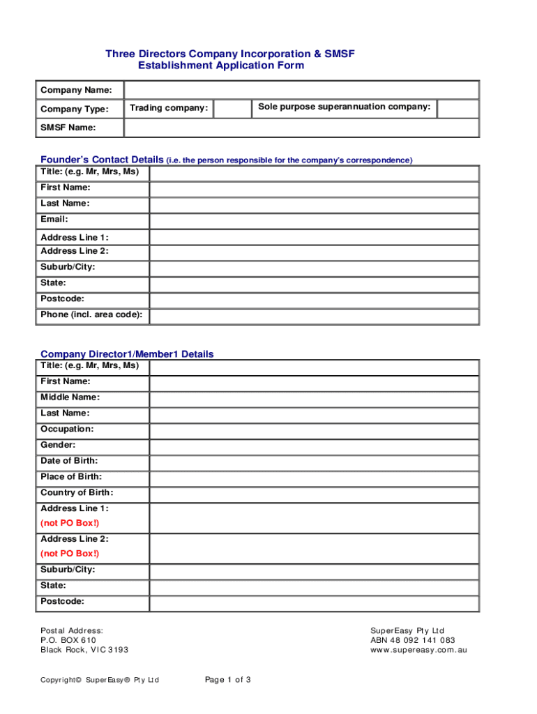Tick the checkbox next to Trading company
(232, 109)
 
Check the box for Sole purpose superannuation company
(457, 109)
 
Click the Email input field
(314, 220)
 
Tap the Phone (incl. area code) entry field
(314, 316)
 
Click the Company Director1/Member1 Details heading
(127, 354)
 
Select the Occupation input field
(314, 430)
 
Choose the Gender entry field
(314, 446)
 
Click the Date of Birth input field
(314, 462)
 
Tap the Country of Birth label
(77, 493)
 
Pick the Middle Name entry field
(314, 399)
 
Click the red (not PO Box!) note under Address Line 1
(70, 523)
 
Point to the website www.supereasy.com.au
(418, 650)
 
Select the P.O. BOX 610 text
(68, 640)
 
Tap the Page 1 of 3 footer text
(228, 680)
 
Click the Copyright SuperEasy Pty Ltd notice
(100, 680)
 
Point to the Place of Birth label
(71, 477)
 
